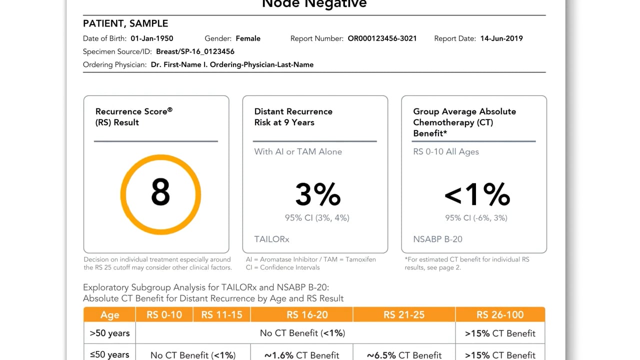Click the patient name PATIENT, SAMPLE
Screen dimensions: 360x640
pos(125,23)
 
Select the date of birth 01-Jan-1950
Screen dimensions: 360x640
pos(152,38)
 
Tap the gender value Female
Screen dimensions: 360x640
pos(247,38)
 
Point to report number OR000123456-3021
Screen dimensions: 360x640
pos(382,38)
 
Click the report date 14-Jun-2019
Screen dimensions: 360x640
pos(501,38)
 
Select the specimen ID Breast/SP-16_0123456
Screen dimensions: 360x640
pos(195,51)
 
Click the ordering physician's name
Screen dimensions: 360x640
pos(232,64)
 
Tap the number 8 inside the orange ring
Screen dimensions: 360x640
pos(160,193)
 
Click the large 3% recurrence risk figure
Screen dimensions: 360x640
pos(317,194)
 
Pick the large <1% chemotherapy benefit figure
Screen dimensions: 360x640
pos(477,194)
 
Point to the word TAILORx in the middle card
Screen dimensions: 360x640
pos(271,239)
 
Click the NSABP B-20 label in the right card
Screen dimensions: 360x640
pos(437,239)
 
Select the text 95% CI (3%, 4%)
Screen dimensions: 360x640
pos(317,217)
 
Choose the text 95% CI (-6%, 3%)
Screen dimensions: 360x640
pos(476,217)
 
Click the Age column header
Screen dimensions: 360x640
pos(109,314)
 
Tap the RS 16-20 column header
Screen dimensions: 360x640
pos(302,314)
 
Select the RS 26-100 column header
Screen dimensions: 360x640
pos(500,314)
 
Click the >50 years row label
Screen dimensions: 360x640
pos(109,333)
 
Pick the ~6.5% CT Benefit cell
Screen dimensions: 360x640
pos(404,355)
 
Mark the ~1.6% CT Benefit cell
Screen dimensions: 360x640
pos(301,355)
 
